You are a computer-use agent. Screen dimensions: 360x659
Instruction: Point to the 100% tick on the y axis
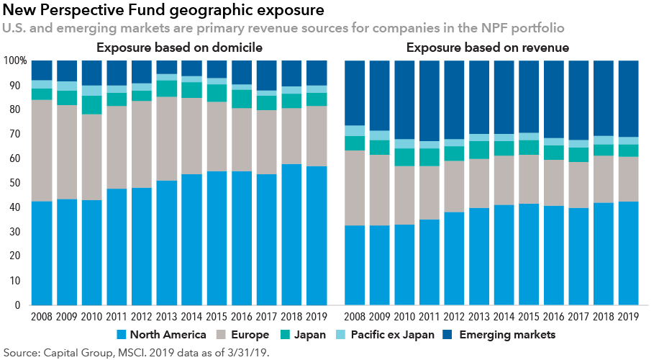pyautogui.click(x=15, y=61)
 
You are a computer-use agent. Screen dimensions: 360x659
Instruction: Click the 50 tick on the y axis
pyautogui.click(x=19, y=183)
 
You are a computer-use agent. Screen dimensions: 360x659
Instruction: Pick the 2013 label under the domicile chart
pyautogui.click(x=168, y=315)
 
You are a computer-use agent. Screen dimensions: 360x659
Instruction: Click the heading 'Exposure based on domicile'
pyautogui.click(x=180, y=48)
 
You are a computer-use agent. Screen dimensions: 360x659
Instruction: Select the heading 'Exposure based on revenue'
pyautogui.click(x=488, y=48)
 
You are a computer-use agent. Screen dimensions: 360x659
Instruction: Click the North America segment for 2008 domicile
pyautogui.click(x=42, y=253)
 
